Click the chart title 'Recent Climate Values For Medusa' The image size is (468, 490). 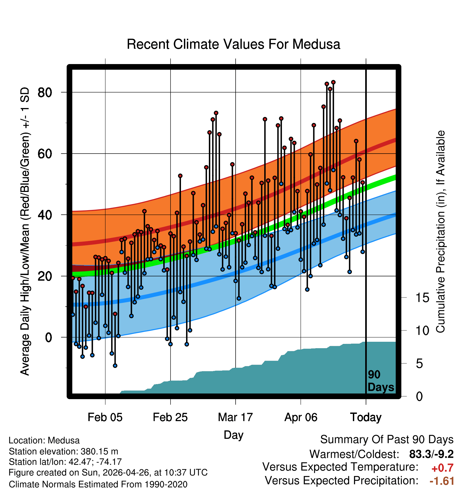point(233,44)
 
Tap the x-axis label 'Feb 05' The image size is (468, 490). point(105,417)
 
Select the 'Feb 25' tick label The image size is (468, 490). point(170,417)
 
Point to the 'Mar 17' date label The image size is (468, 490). point(235,417)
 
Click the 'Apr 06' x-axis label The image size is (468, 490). point(301,417)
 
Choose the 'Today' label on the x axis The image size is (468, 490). point(366,417)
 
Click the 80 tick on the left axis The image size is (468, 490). point(45,92)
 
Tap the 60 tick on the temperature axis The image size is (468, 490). point(45,154)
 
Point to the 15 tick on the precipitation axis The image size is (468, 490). point(422,298)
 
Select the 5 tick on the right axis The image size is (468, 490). point(419,363)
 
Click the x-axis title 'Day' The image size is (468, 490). point(233,435)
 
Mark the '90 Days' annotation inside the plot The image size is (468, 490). point(381,381)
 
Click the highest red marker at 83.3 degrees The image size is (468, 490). point(333,82)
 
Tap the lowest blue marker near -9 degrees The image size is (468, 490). point(115,366)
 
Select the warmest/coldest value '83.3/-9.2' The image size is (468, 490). point(431,454)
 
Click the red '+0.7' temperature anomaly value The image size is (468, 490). point(442,468)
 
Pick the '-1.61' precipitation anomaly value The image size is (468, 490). point(442,481)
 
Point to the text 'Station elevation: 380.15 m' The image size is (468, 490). point(63,451)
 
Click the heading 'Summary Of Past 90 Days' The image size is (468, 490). point(387,440)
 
